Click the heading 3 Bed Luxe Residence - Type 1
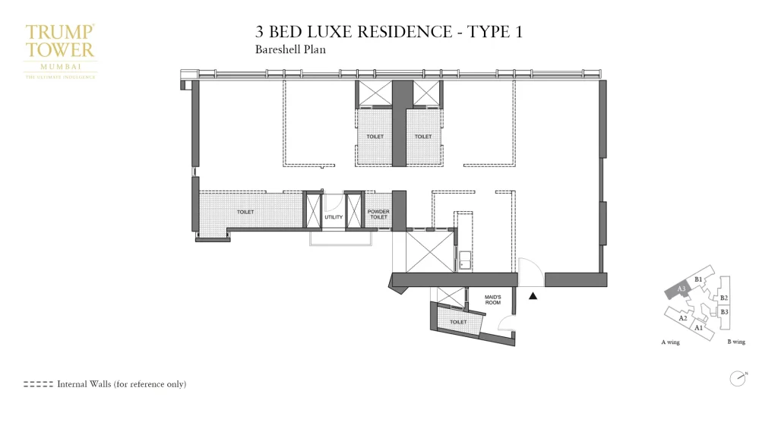(388, 32)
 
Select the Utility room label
(334, 217)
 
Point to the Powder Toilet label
(378, 214)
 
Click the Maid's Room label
(493, 300)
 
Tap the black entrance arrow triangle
(533, 296)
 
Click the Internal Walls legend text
(122, 384)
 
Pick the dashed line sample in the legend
(38, 384)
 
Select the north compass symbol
(737, 378)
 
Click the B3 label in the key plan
(724, 312)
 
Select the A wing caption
(670, 342)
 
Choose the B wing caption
(736, 342)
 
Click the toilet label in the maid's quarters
(458, 322)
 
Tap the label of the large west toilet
(245, 212)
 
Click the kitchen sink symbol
(462, 254)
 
